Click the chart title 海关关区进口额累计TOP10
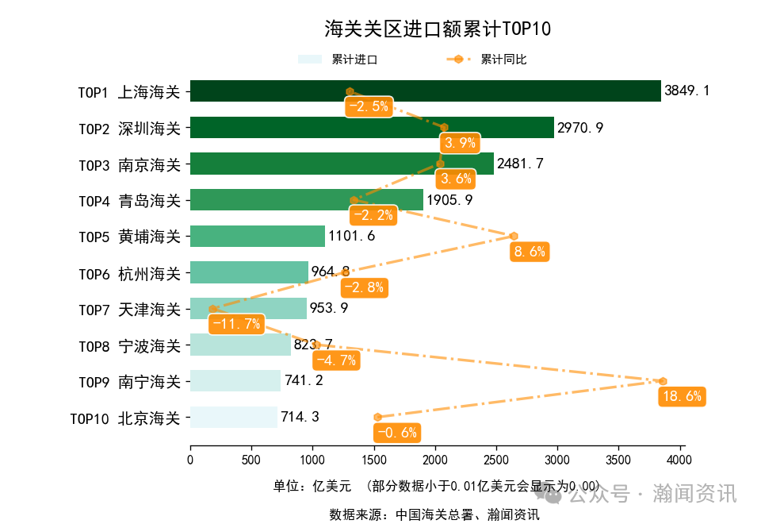click(x=437, y=29)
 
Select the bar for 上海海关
click(x=425, y=91)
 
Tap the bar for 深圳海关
click(x=372, y=128)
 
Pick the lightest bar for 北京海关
click(x=233, y=417)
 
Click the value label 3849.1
click(x=687, y=91)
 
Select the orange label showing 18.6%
click(x=682, y=396)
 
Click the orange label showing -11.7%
click(x=236, y=323)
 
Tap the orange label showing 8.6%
click(x=530, y=252)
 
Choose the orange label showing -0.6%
click(x=396, y=433)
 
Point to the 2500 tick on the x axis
click(x=495, y=459)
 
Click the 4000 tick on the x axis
click(x=679, y=459)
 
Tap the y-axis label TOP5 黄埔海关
click(x=129, y=237)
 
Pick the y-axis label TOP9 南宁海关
click(x=129, y=381)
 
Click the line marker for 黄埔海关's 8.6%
click(x=514, y=236)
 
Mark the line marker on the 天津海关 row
click(x=212, y=309)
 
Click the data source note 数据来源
click(x=434, y=514)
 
